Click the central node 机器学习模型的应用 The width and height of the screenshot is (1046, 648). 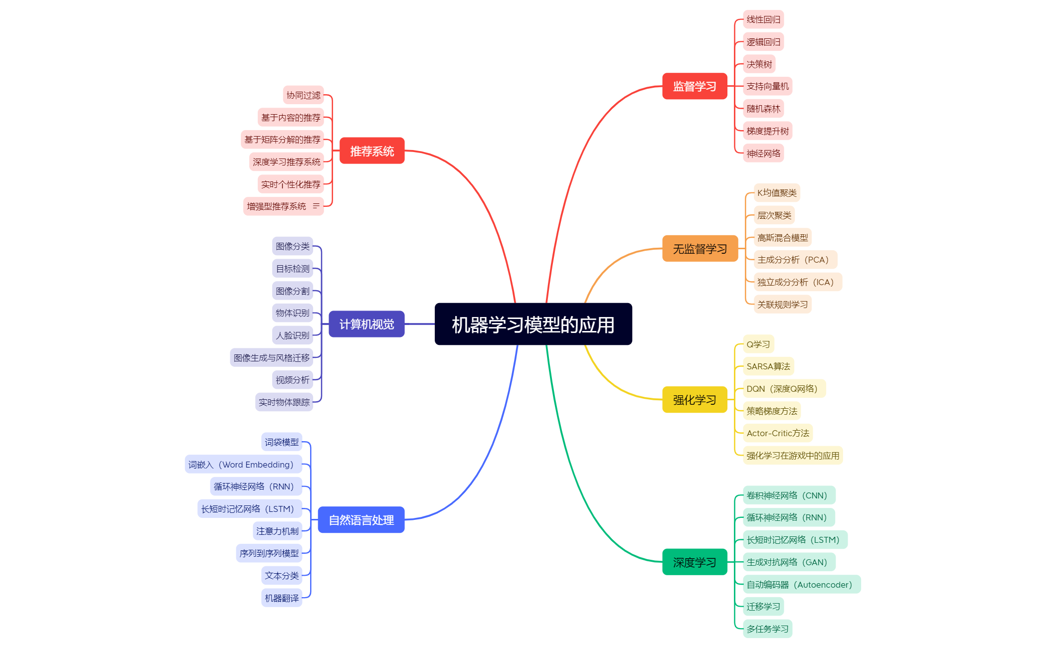(533, 324)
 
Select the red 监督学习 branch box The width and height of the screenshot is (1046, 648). (695, 86)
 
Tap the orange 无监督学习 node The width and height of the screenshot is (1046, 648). (700, 248)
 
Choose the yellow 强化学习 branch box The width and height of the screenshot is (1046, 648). (695, 400)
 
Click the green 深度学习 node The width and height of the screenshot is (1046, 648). (695, 562)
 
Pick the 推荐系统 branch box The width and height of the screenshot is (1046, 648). (372, 151)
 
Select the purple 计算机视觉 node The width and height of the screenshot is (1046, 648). (366, 324)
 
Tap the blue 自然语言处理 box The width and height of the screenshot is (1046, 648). (361, 520)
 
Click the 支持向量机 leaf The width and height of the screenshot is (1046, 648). (767, 86)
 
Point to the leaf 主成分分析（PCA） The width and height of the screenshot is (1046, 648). (795, 260)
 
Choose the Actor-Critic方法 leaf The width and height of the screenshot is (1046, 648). (778, 433)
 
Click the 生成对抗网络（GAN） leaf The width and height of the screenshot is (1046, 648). (789, 562)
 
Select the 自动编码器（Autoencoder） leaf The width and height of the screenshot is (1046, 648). (802, 584)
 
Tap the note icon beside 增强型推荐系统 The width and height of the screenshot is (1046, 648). (316, 206)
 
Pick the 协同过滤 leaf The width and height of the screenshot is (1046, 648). (304, 95)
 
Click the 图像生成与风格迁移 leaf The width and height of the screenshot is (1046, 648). (272, 357)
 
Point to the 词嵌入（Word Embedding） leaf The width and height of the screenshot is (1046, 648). (243, 464)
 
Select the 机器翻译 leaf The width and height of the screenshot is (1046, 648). (282, 598)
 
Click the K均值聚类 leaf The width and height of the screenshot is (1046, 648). (777, 193)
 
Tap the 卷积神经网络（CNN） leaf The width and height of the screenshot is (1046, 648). (789, 495)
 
